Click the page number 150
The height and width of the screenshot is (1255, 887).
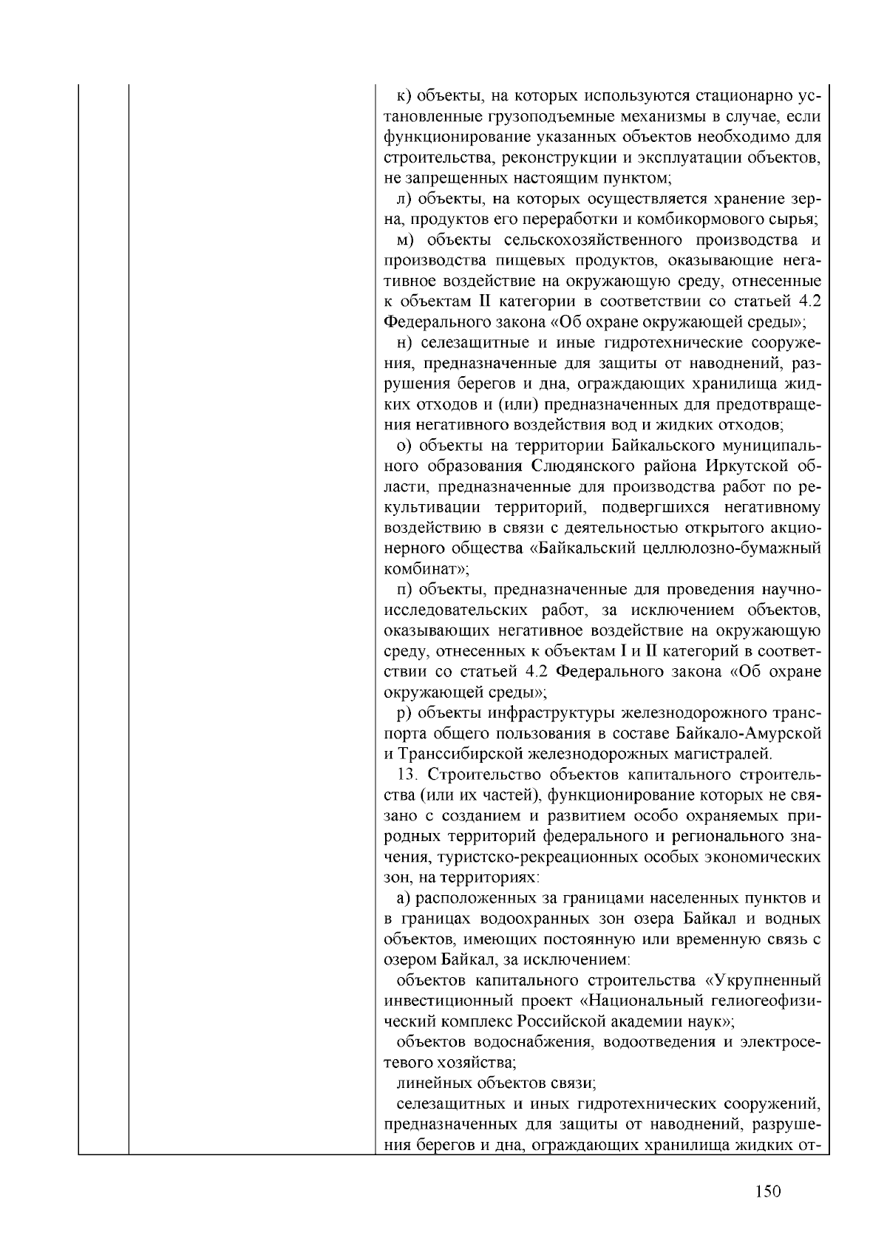pyautogui.click(x=768, y=1191)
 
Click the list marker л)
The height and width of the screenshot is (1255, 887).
pyautogui.click(x=404, y=199)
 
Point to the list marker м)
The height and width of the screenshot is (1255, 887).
pyautogui.click(x=405, y=240)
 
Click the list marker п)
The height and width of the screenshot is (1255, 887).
pyautogui.click(x=404, y=590)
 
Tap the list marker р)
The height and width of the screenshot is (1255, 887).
pyautogui.click(x=404, y=712)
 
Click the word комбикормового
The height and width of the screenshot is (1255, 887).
pyautogui.click(x=719, y=220)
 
